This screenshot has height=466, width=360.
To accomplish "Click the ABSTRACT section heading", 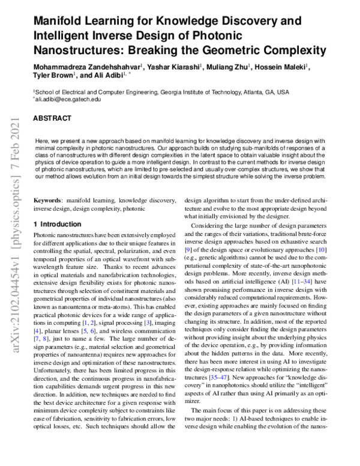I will pos(52,119).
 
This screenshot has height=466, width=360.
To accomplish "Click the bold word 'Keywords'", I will pos(48,199).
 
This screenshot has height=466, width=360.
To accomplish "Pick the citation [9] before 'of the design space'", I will pos(188,249).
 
